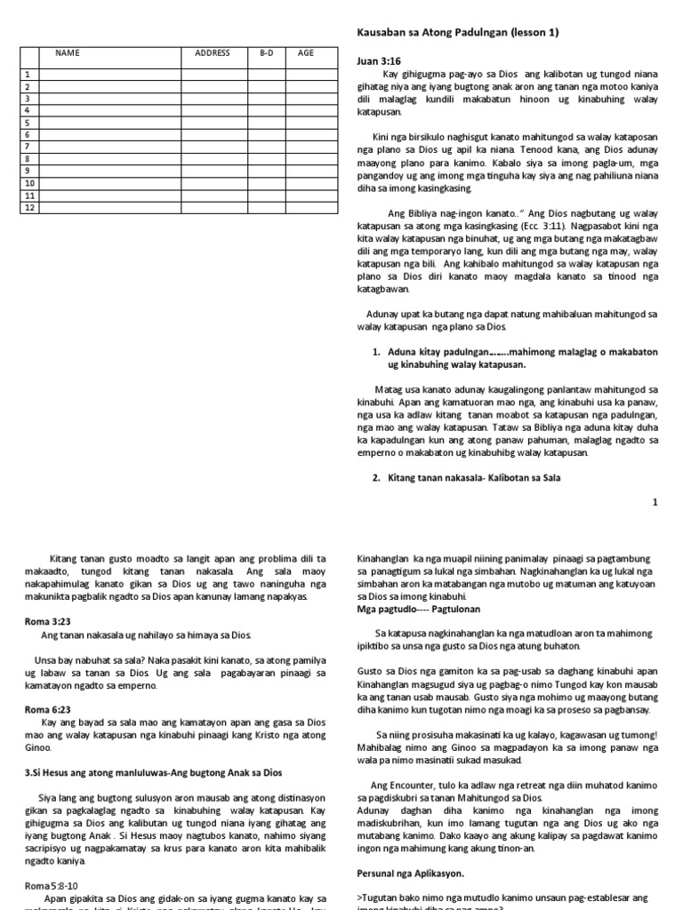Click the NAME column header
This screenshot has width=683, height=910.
68,53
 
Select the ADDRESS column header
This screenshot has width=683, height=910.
213,53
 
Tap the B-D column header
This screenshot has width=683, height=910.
266,53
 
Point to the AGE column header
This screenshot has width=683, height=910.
306,53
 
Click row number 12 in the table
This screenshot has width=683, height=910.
29,207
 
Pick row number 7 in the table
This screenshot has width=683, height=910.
28,147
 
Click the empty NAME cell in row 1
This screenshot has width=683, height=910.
110,75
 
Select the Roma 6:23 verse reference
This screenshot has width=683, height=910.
42,709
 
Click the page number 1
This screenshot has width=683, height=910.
655,502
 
